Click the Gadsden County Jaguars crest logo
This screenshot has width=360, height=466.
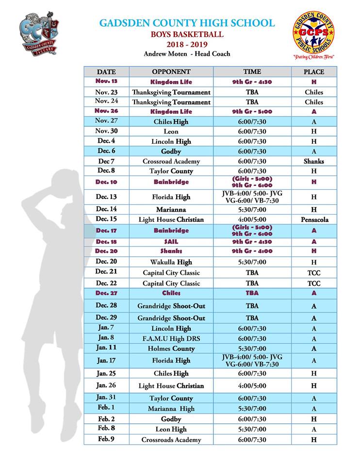point(38,34)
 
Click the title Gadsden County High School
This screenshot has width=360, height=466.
point(187,23)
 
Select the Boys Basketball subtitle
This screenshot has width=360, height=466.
point(187,34)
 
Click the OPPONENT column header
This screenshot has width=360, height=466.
point(171,72)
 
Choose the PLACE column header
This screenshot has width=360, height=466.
point(313,72)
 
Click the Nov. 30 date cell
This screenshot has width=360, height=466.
point(106,131)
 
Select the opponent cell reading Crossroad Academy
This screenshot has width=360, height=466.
point(171,161)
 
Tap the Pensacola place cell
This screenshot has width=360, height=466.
point(313,219)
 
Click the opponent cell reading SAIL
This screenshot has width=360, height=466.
point(171,242)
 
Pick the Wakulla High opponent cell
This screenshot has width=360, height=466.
point(171,262)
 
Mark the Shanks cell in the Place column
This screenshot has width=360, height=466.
point(313,161)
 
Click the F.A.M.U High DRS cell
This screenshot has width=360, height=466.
point(171,338)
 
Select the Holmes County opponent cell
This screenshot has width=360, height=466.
point(171,349)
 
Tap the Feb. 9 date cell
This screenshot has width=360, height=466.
point(106,439)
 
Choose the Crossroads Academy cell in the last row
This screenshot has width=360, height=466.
point(171,440)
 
